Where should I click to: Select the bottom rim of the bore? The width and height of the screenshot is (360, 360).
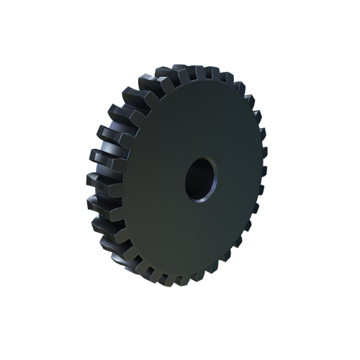pos(199,199)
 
